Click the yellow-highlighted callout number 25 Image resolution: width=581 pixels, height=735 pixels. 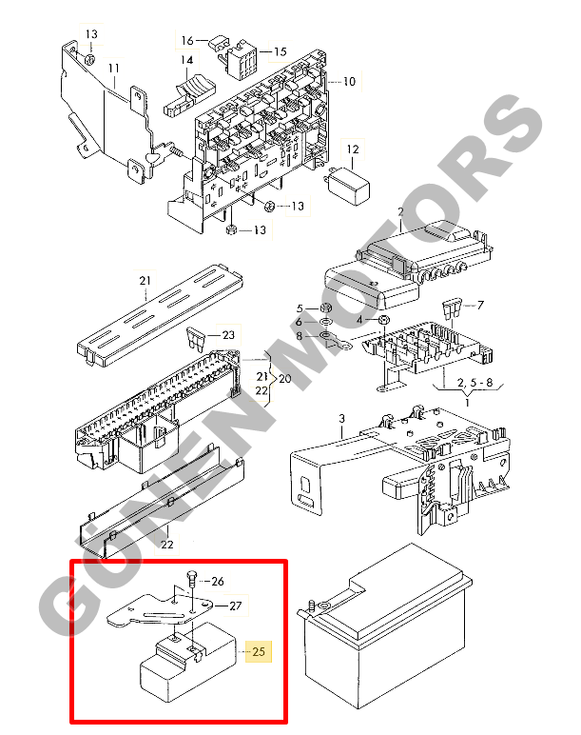tap(259, 651)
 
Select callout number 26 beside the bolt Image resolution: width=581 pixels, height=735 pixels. tap(218, 582)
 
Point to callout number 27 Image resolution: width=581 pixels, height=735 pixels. tap(236, 606)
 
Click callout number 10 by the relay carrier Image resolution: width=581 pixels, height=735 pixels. tap(349, 82)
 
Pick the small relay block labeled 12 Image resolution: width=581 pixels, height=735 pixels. tap(349, 186)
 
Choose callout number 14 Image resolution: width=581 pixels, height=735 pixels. tap(186, 60)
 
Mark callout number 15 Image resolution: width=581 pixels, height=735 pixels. tap(280, 51)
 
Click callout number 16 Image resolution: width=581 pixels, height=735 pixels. tap(187, 40)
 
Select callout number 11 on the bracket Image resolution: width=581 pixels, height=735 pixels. tap(114, 69)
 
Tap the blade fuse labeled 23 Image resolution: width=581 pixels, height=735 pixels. tap(196, 339)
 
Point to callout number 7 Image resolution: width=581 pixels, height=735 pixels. tap(480, 306)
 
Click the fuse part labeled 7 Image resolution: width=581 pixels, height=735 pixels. tap(452, 308)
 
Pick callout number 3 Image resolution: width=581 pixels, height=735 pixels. tap(341, 418)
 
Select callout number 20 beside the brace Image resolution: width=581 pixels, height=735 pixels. tap(284, 378)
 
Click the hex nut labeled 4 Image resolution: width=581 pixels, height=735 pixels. tap(383, 320)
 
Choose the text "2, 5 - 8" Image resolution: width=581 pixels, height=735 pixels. tap(475, 383)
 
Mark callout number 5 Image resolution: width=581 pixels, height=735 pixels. tap(300, 308)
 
